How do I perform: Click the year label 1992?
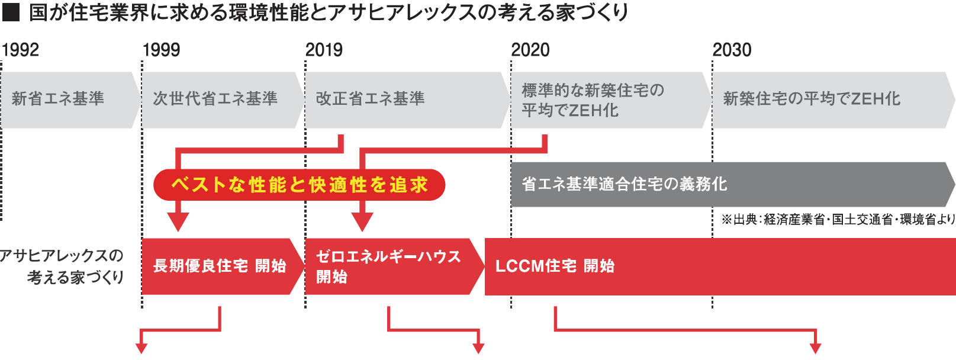tap(21, 50)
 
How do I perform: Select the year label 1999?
tap(161, 50)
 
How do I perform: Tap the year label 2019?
tap(324, 50)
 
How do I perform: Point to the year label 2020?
tap(530, 50)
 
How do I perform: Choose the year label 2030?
tap(732, 50)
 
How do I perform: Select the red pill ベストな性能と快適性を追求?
tap(299, 185)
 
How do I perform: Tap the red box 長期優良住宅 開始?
tap(220, 266)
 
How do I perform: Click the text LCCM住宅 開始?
tap(555, 266)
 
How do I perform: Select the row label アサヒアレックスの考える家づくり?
tap(62, 266)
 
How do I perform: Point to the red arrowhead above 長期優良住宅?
tap(178, 221)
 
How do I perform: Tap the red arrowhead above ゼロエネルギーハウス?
tap(362, 221)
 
